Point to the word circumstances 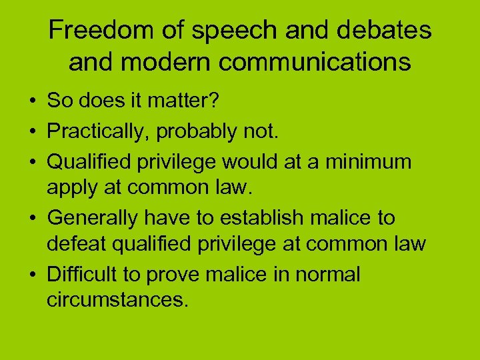pos(117,301)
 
